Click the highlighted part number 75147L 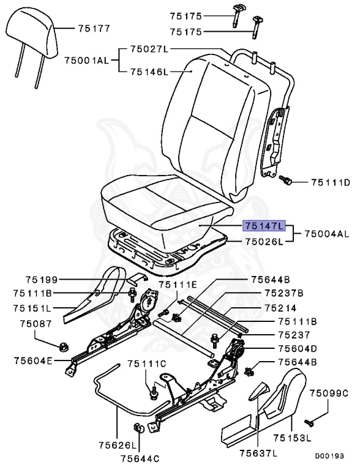pos(264,226)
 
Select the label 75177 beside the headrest pos(93,28)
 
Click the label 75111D pos(330,182)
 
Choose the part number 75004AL pos(327,234)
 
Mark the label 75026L pos(264,241)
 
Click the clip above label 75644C pos(138,428)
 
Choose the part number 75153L pos(293,438)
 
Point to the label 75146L pos(149,72)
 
